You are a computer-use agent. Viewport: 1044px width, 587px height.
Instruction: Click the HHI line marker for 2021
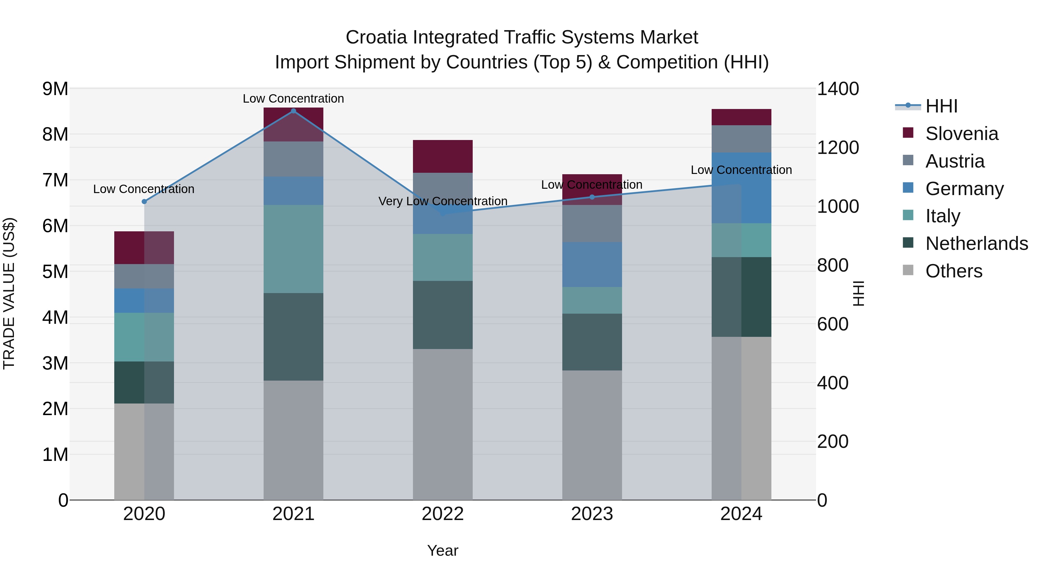click(293, 111)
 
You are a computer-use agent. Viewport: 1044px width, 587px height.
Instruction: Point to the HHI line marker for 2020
click(144, 201)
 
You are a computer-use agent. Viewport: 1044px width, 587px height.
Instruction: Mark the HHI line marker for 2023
click(592, 197)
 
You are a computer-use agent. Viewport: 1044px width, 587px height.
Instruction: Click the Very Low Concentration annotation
click(443, 201)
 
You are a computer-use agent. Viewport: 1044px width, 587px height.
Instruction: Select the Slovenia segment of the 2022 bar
click(443, 156)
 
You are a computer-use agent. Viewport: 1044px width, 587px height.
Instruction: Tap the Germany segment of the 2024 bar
click(741, 188)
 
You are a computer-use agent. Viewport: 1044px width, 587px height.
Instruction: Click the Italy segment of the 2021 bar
click(293, 249)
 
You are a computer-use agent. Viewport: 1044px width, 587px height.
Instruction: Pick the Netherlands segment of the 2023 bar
click(592, 342)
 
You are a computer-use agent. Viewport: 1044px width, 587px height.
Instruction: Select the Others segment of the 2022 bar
click(443, 424)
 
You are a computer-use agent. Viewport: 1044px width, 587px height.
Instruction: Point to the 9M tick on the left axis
click(55, 89)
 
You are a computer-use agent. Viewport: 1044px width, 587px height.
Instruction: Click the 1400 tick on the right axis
click(837, 89)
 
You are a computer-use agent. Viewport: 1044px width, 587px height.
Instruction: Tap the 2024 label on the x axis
click(741, 514)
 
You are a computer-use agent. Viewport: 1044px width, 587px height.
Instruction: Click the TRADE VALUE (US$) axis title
click(9, 293)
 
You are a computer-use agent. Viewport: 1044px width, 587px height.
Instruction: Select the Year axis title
click(443, 550)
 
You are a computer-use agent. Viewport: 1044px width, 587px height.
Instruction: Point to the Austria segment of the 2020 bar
click(144, 276)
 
